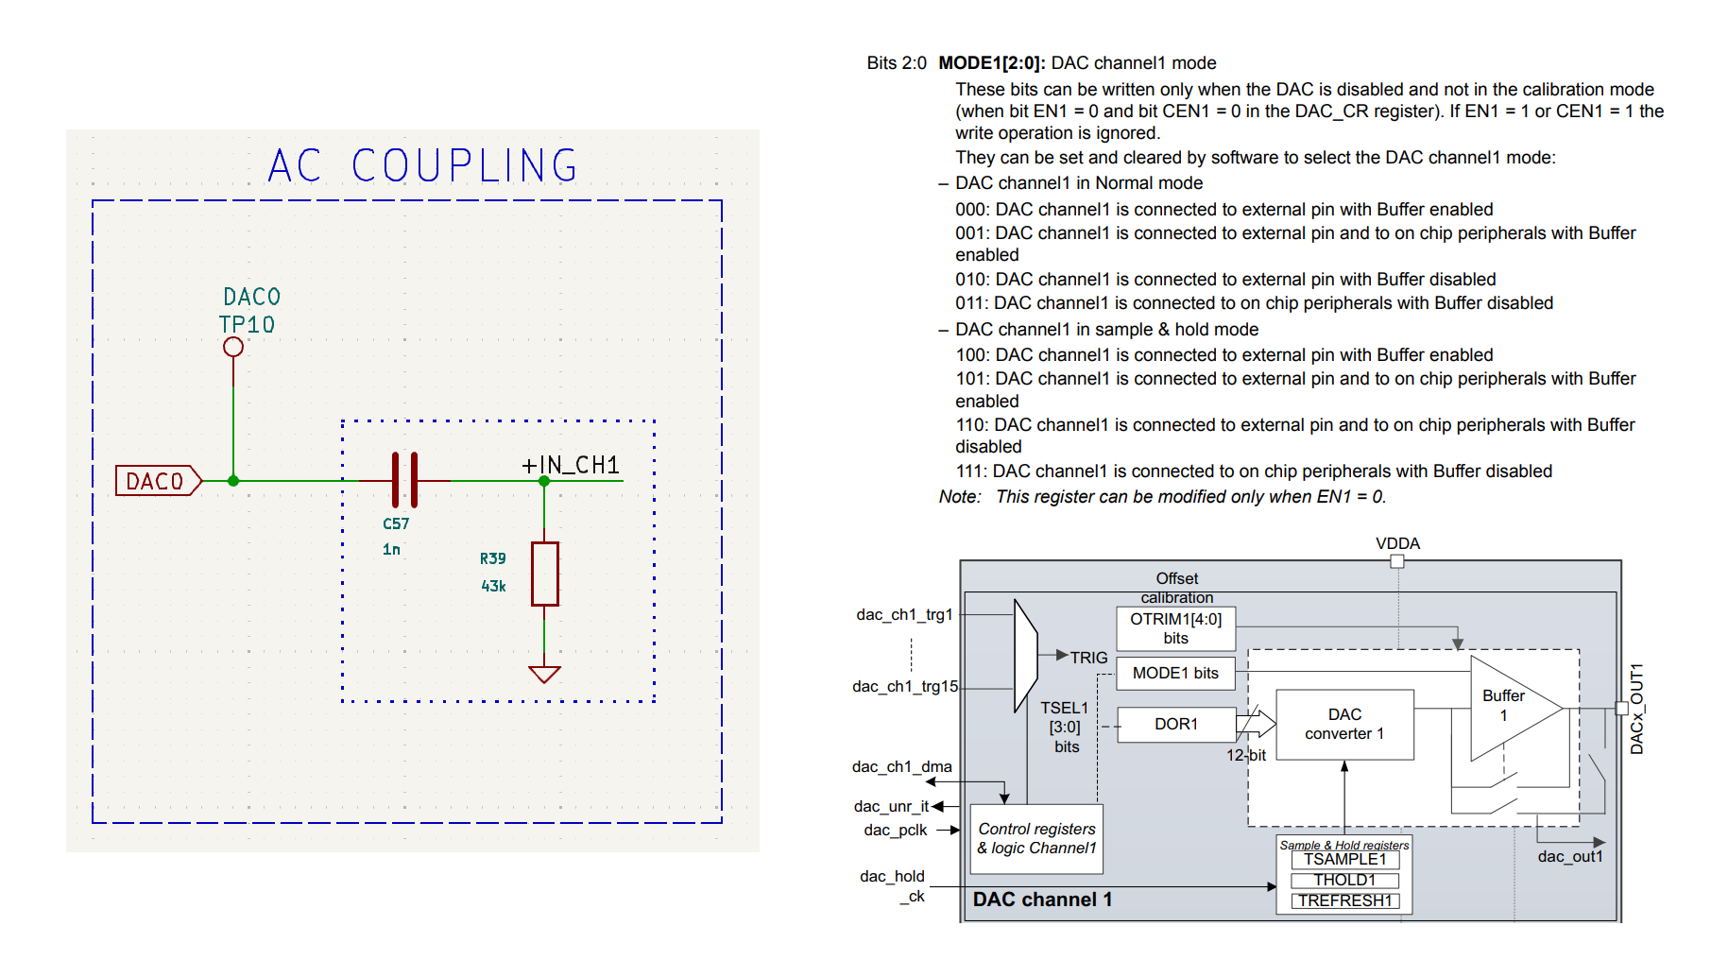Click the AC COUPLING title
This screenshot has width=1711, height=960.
(x=422, y=166)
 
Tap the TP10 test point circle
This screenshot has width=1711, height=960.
(x=233, y=347)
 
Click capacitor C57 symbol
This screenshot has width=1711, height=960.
(x=404, y=480)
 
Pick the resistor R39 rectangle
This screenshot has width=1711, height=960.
(x=545, y=574)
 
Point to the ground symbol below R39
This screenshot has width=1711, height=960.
(x=545, y=674)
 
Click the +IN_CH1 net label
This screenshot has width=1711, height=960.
(x=571, y=465)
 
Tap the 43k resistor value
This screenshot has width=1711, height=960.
(x=493, y=587)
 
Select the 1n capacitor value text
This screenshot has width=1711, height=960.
(x=391, y=550)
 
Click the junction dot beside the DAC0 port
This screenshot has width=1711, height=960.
(x=233, y=481)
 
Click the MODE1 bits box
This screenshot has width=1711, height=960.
(x=1175, y=673)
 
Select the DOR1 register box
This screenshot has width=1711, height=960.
(x=1176, y=724)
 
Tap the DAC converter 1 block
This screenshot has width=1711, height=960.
(x=1344, y=724)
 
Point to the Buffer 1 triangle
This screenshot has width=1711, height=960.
(x=1507, y=708)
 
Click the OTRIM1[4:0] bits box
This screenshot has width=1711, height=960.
(x=1175, y=628)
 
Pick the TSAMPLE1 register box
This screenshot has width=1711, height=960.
(x=1344, y=860)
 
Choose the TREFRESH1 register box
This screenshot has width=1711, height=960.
(x=1344, y=900)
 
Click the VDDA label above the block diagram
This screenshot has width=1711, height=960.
(x=1397, y=543)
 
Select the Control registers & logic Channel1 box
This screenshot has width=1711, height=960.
(x=1036, y=838)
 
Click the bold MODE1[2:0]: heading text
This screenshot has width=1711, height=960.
(x=991, y=63)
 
